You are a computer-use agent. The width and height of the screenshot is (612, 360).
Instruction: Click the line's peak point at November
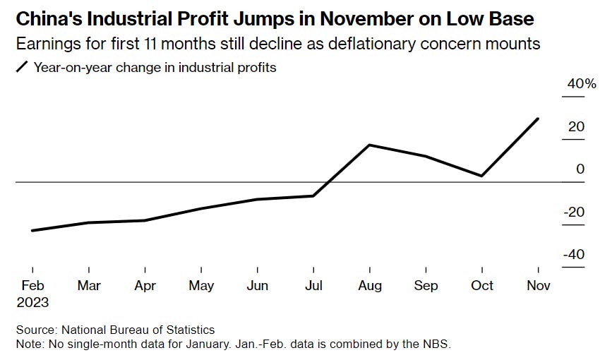pos(539,119)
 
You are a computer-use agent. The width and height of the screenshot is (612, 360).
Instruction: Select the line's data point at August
pos(370,145)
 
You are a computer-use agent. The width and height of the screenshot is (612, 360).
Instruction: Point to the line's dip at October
pos(482,176)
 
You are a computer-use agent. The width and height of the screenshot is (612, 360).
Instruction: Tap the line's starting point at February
pos(33,231)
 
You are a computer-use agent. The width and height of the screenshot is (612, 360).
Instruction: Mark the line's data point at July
pos(313,196)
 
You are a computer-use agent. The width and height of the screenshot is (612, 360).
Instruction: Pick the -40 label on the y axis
pos(572,255)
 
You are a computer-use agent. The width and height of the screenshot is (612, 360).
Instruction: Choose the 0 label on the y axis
pos(580,169)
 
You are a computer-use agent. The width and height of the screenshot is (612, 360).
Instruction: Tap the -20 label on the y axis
pos(572,212)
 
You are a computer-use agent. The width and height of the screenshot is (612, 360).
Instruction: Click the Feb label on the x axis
pos(33,286)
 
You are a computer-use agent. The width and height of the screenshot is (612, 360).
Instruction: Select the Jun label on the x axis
pos(258,286)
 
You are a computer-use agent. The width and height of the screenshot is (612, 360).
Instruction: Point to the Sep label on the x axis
pos(426,286)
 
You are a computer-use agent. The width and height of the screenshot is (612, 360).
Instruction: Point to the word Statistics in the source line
pos(188,330)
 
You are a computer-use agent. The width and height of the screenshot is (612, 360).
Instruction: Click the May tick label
pos(202,286)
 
